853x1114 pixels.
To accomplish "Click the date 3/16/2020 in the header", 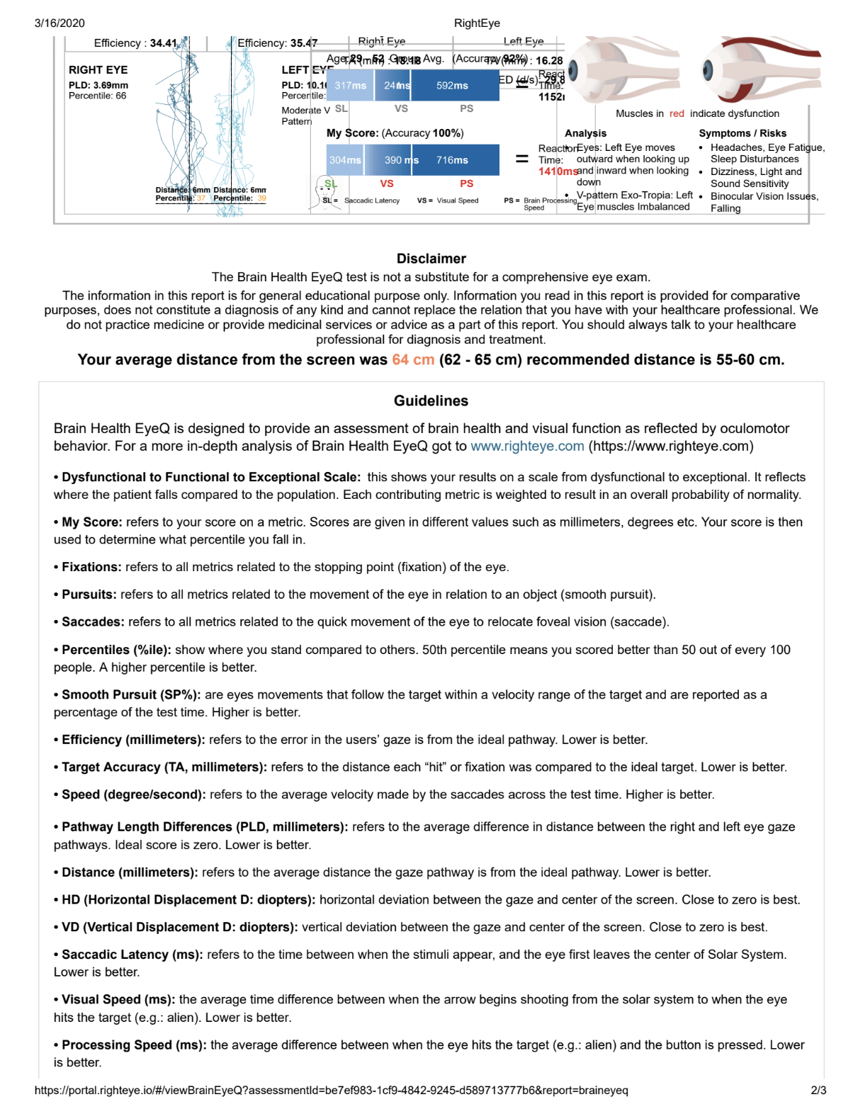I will (60, 23).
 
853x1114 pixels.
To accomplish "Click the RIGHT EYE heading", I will (98, 70).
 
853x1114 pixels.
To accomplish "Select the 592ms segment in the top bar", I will (452, 86).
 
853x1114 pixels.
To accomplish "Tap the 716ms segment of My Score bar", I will (452, 160).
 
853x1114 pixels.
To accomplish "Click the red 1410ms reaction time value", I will (557, 171).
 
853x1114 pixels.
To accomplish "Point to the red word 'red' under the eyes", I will (677, 113).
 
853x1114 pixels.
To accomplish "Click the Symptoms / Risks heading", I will (742, 133).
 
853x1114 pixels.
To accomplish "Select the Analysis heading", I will (585, 133).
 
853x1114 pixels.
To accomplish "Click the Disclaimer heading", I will (431, 259).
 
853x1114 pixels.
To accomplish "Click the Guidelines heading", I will (431, 401).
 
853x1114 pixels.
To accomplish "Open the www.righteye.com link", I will (527, 446).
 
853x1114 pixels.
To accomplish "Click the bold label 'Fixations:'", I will (91, 567).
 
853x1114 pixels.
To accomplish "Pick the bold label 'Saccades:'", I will (93, 622).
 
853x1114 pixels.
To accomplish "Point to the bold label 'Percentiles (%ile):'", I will (116, 650).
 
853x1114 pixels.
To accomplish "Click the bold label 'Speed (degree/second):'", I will (133, 794).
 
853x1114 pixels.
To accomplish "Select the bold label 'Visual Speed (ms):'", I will (118, 999).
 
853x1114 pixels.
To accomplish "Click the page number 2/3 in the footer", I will (818, 1090).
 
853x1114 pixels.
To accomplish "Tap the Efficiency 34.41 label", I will (135, 43).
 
